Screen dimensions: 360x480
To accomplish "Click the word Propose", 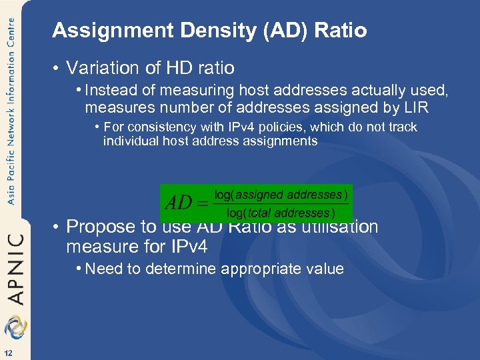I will [101, 227].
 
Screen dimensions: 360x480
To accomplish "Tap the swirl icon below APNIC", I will [14, 327].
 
